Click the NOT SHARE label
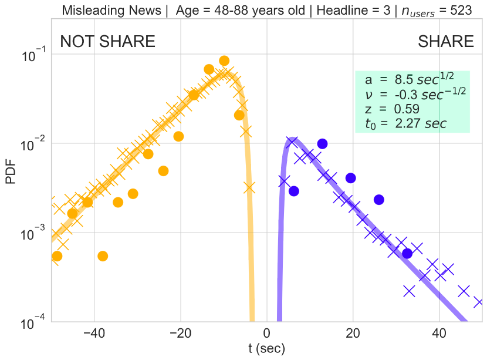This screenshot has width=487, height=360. [x=108, y=41]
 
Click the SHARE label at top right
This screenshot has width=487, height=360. [x=446, y=41]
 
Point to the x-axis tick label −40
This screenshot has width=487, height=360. [x=93, y=334]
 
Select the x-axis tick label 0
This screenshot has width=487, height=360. [x=267, y=334]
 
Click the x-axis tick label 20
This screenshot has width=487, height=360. [x=353, y=334]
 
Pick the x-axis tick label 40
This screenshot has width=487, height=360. [x=438, y=334]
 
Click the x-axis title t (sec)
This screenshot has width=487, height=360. [x=267, y=349]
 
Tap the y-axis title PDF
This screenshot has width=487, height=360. [x=12, y=174]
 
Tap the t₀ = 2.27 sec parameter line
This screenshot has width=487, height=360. [x=405, y=123]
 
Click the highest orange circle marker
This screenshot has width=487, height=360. [x=224, y=60]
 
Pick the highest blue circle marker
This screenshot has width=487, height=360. [x=322, y=144]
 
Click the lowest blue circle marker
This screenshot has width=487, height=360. [x=407, y=253]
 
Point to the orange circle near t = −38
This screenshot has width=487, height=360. [x=103, y=255]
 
